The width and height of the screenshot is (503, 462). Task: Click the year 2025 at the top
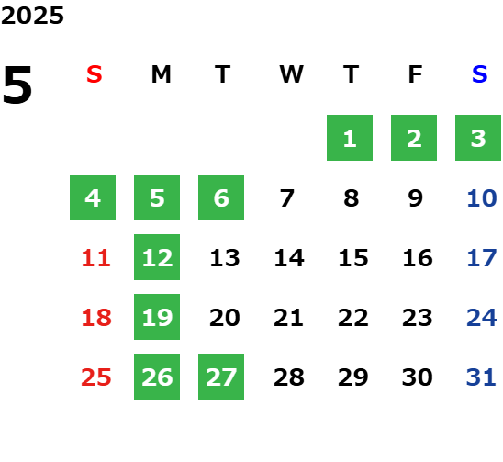[32, 16]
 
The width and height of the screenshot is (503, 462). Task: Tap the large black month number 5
[17, 85]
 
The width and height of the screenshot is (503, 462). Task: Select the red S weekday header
[95, 74]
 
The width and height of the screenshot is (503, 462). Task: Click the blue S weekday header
[479, 74]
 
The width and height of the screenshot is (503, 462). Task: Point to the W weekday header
[291, 74]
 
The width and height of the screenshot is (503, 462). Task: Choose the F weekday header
[416, 74]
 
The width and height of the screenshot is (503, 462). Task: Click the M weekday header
[161, 74]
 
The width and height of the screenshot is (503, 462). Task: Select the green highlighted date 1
[350, 138]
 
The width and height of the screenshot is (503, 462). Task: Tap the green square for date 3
[478, 138]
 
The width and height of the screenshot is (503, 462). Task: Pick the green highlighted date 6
[221, 197]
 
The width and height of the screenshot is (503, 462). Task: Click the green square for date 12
[157, 257]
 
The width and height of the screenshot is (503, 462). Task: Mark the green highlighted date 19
[157, 317]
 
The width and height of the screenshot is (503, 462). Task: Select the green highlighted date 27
[221, 377]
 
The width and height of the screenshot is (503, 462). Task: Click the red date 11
[96, 258]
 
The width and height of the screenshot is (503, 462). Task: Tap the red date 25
[96, 377]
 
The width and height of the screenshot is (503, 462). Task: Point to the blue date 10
[482, 198]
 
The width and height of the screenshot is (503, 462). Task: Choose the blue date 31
[481, 377]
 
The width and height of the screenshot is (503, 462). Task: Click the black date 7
[286, 198]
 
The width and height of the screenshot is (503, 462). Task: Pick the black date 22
[352, 318]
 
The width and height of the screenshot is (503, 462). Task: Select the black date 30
[418, 377]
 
